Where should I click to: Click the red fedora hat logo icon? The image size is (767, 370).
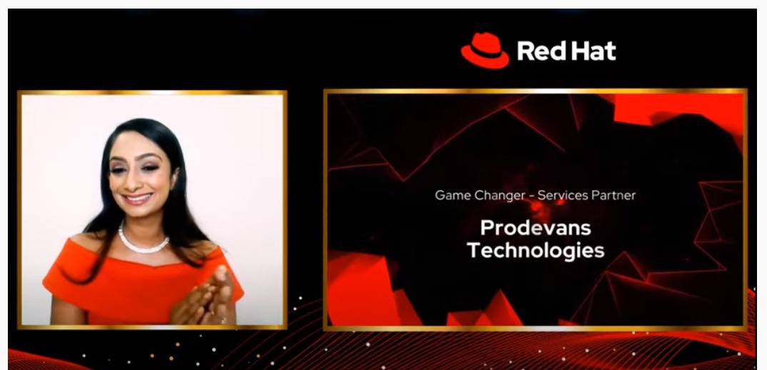pos(485,50)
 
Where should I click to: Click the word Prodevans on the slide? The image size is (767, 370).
pos(536,228)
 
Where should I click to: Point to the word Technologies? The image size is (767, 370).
pos(536,251)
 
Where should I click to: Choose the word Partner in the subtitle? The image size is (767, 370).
pos(612,195)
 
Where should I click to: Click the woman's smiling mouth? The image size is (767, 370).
pos(136,198)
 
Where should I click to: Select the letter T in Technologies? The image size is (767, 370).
pos(473,251)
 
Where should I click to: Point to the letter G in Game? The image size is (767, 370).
pos(440,195)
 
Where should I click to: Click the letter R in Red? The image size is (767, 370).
pos(523,51)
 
